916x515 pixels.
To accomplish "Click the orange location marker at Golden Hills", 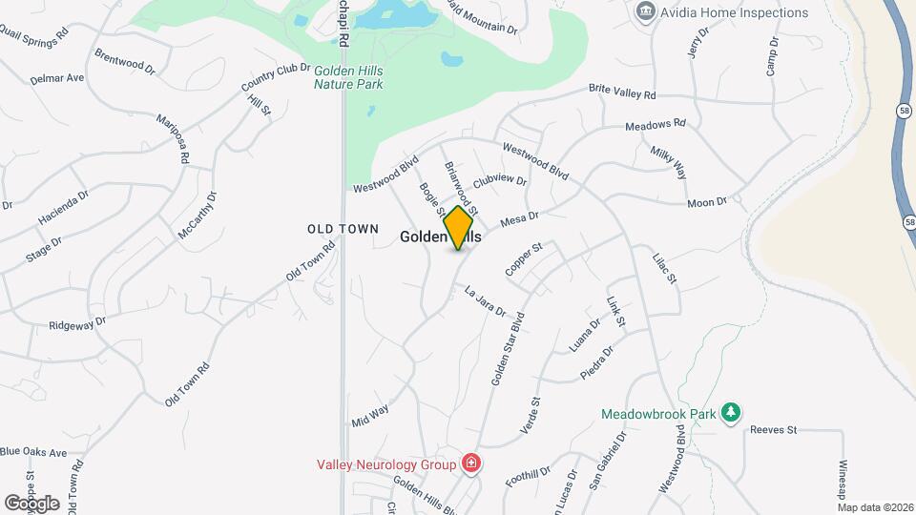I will tap(459, 228).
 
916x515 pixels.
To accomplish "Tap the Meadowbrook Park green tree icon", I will tap(731, 412).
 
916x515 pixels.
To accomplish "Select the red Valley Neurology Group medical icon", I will tap(470, 464).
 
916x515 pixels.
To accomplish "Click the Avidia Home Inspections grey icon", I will tap(646, 12).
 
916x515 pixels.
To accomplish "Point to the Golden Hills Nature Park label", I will tap(348, 76).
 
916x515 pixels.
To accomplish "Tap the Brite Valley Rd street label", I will tap(622, 93).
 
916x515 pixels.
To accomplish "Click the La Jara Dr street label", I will tap(485, 300).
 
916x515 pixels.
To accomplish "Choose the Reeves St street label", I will tap(773, 430).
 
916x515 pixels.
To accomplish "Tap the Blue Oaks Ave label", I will tap(33, 452).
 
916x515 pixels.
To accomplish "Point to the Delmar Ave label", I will tap(57, 77).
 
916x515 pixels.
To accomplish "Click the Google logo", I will tap(31, 503).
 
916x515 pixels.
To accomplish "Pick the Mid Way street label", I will tap(370, 413).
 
